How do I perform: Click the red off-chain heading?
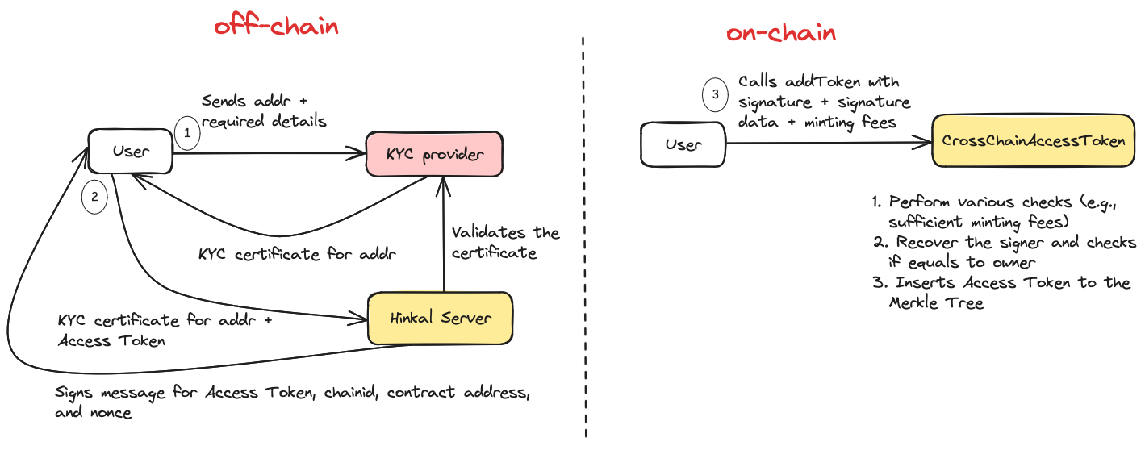point(276,27)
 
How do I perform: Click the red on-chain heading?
point(780,33)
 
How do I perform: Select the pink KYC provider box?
point(434,153)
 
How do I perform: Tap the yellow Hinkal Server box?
point(440,318)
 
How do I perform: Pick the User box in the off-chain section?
point(130,151)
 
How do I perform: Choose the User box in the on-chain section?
point(683,145)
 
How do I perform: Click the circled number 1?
point(186,133)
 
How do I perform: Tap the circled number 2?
point(94,198)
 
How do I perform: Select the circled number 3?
point(714,94)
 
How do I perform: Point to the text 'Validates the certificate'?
point(505,242)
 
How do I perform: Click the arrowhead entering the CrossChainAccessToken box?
point(927,144)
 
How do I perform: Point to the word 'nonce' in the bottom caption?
point(111,413)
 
